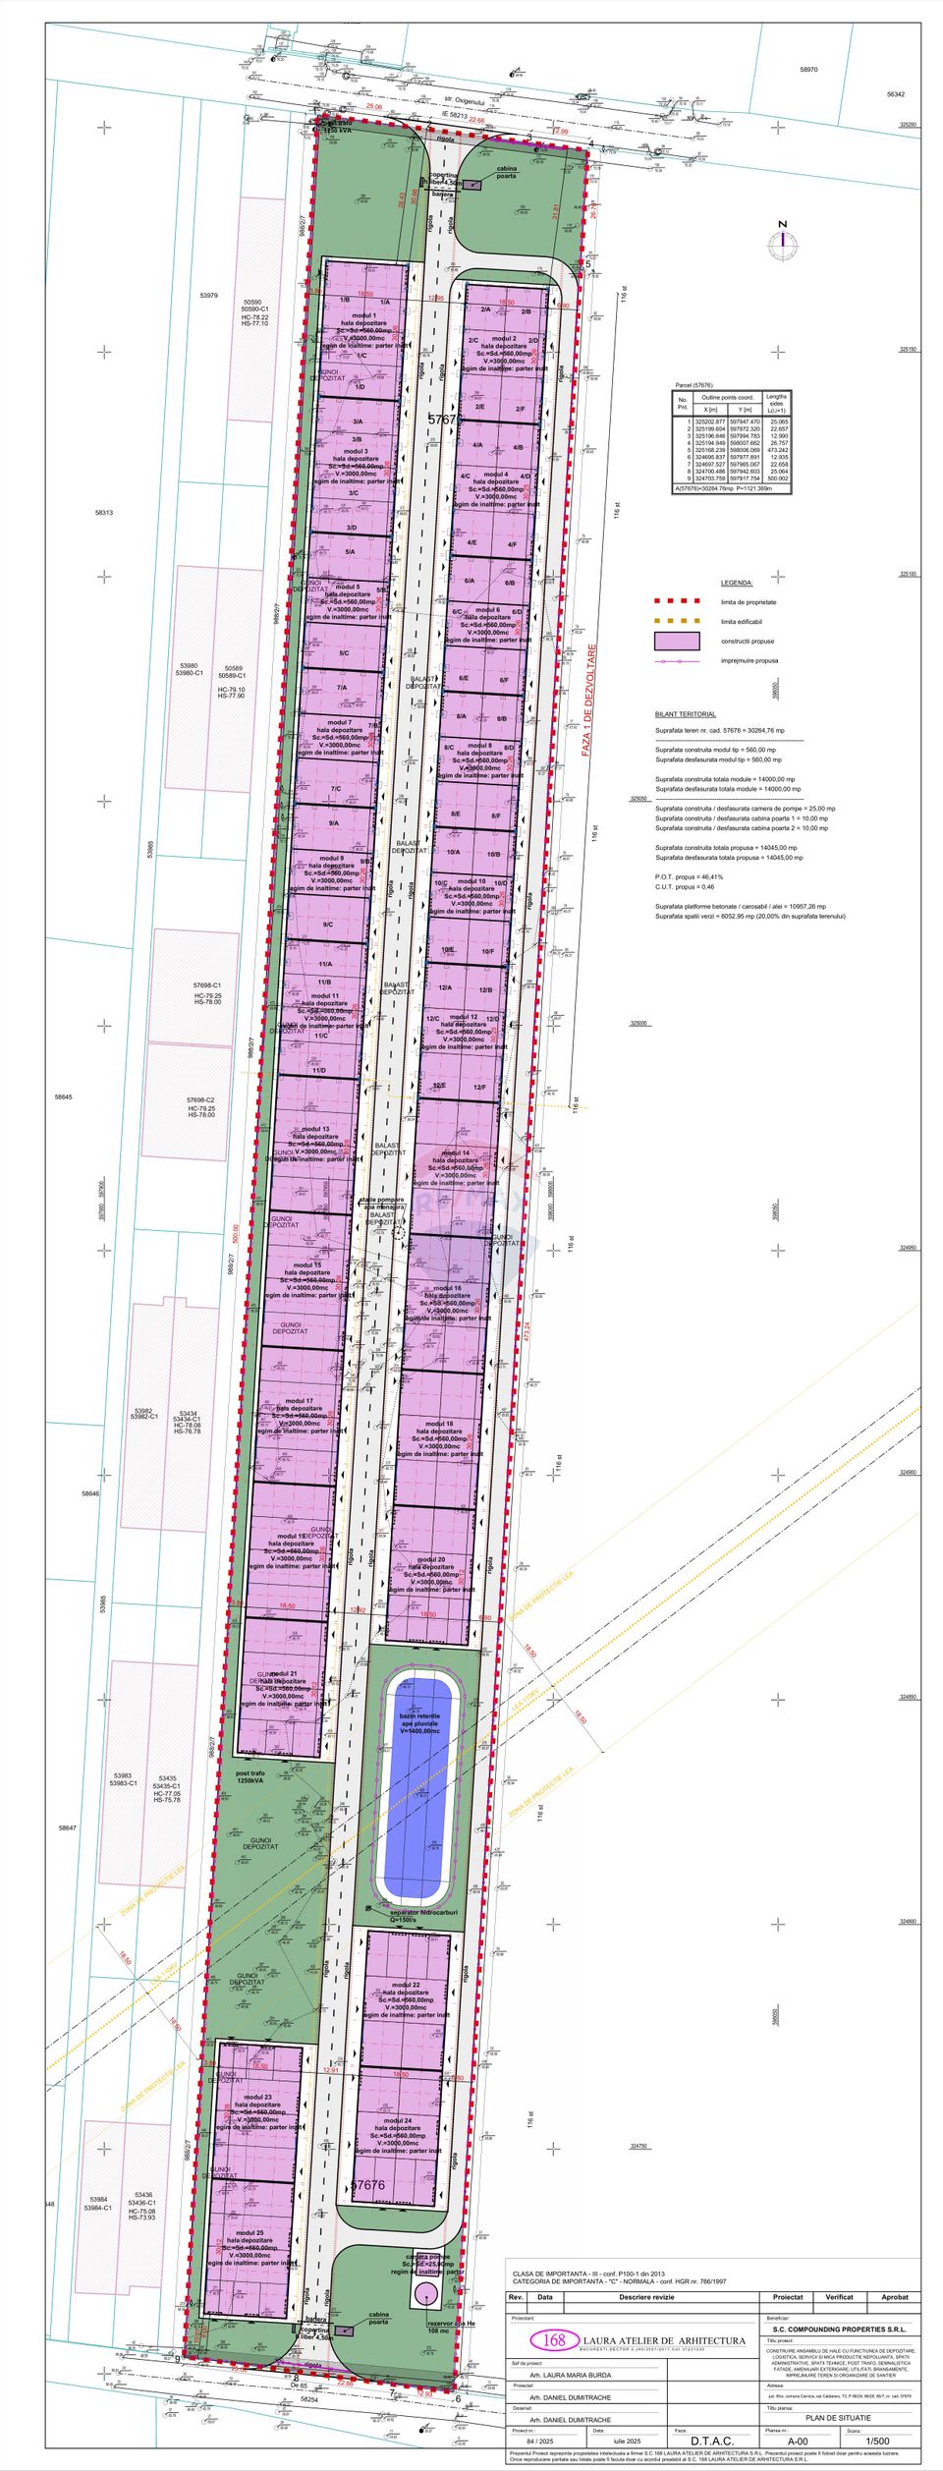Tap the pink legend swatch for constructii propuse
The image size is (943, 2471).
677,642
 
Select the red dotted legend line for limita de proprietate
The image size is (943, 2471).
677,602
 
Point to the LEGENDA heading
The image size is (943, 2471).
736,583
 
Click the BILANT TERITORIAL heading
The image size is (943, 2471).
685,714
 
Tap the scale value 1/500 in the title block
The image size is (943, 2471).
877,2434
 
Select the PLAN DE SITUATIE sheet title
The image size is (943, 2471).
837,2410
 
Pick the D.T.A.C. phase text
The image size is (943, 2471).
711,2434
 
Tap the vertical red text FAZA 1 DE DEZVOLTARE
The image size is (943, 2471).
588,700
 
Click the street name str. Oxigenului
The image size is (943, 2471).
464,101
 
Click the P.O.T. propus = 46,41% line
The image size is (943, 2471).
689,876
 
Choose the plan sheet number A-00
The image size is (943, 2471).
798,2434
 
